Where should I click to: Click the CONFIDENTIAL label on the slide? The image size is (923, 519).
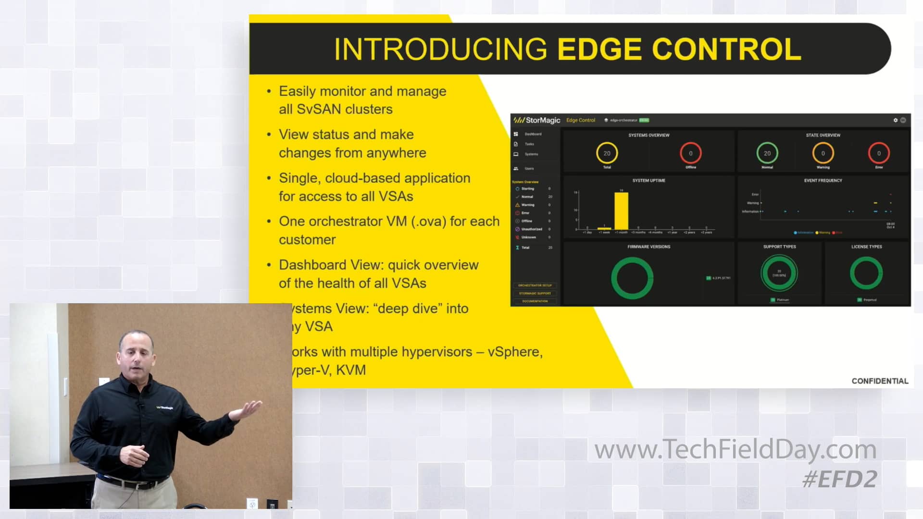tap(880, 381)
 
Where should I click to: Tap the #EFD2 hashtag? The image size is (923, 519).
tap(839, 479)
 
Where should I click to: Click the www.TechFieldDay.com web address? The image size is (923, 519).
tap(735, 449)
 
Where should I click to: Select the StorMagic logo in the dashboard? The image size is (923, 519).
tap(537, 120)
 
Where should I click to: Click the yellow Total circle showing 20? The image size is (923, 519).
tap(607, 153)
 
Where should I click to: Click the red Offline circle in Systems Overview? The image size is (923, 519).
tap(690, 153)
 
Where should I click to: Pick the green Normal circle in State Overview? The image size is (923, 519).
tap(767, 153)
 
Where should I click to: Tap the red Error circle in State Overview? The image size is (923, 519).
tap(879, 153)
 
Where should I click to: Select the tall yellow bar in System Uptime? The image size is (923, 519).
tap(621, 211)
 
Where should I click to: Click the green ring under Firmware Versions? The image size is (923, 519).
tap(632, 278)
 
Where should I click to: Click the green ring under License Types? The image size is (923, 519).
tap(866, 273)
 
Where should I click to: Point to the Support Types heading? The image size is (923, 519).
tap(779, 247)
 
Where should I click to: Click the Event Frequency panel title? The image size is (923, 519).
tap(823, 181)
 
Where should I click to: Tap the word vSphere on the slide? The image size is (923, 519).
tap(513, 352)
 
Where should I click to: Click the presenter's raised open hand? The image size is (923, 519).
tap(248, 408)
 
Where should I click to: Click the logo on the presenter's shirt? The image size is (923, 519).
tap(165, 408)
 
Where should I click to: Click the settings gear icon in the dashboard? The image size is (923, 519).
tap(895, 120)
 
